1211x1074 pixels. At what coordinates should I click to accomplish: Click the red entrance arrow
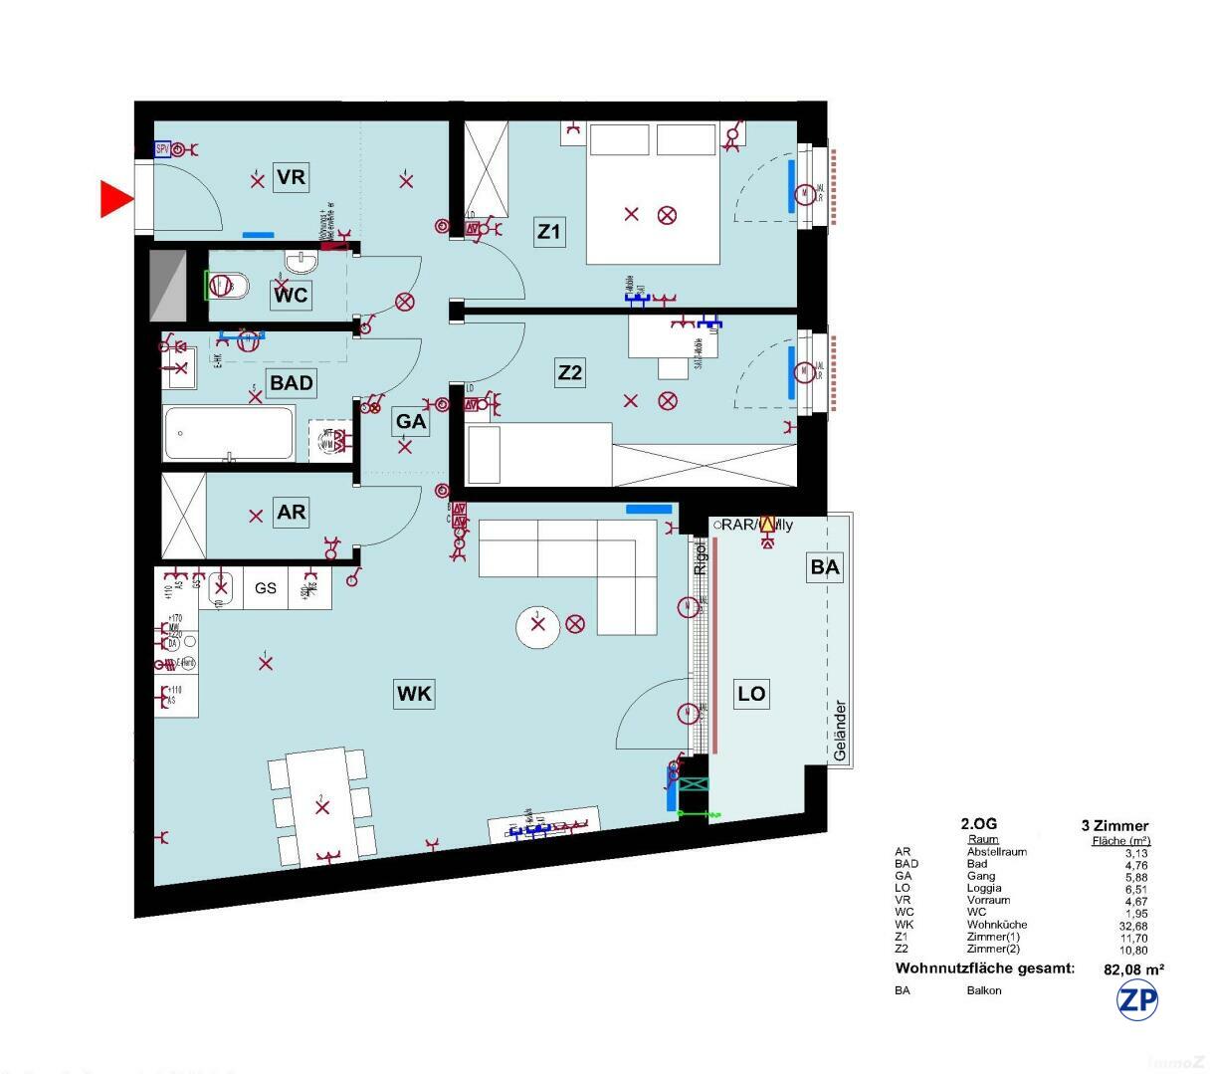(116, 199)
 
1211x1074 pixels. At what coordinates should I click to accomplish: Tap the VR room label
(291, 178)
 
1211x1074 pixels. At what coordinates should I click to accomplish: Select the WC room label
(291, 295)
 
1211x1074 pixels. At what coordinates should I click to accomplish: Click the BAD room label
(291, 383)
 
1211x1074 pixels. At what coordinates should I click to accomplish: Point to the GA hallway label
(411, 421)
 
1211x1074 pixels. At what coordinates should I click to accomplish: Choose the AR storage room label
(291, 513)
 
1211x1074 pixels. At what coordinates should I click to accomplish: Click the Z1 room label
(549, 233)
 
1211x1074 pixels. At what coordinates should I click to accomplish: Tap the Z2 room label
(569, 373)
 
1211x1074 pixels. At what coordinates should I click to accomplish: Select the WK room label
(414, 694)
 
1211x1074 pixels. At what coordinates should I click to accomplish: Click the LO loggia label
(751, 694)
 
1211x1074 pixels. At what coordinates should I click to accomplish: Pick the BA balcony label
(825, 567)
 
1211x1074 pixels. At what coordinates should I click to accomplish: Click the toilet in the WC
(227, 287)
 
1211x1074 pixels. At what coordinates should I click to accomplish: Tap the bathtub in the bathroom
(229, 433)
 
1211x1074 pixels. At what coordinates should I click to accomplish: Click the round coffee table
(538, 626)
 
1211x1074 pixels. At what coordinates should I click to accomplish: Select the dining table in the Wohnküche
(321, 805)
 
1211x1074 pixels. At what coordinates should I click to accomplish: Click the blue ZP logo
(1137, 1000)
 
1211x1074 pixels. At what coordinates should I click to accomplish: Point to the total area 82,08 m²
(1134, 968)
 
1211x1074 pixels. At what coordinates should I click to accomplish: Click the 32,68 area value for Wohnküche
(1132, 925)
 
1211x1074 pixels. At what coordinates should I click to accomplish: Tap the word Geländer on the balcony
(841, 732)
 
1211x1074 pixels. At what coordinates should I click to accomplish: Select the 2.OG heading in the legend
(978, 824)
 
